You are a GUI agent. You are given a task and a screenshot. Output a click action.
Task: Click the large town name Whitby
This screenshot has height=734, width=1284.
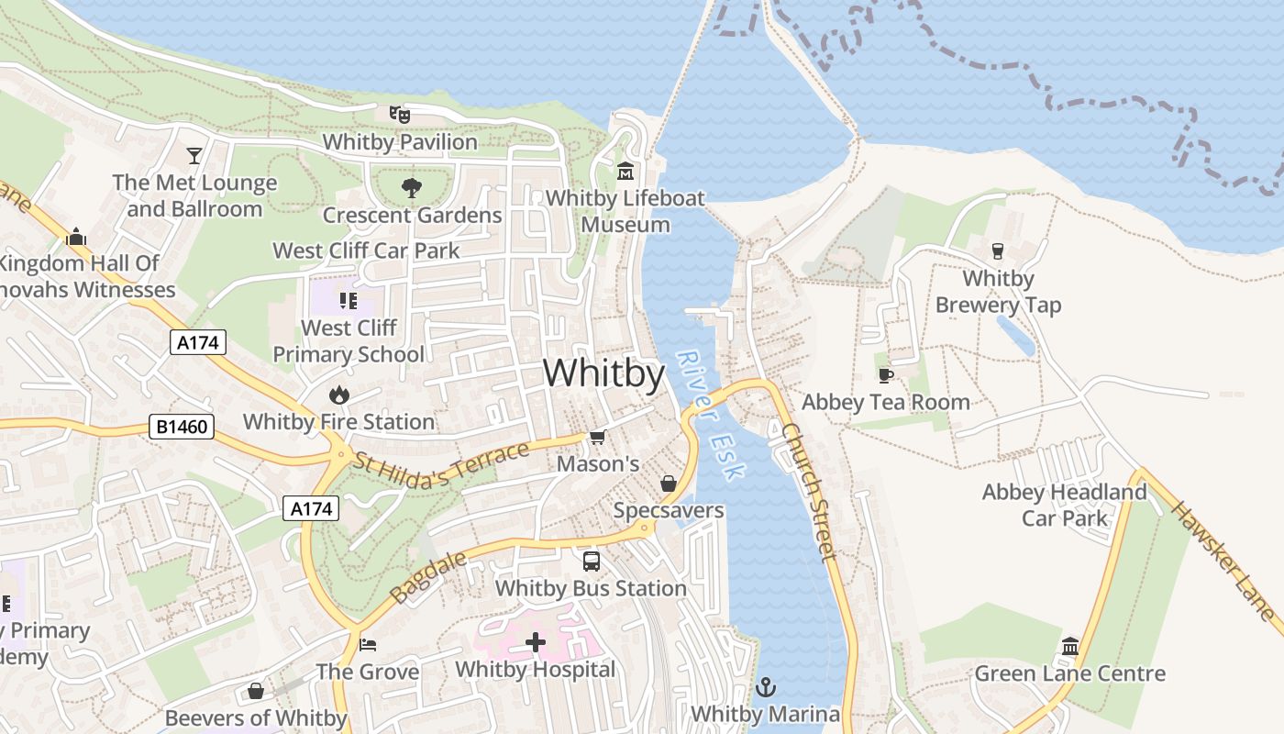click(x=603, y=373)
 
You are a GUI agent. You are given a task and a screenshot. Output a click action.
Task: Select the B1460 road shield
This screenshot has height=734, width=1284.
click(x=182, y=427)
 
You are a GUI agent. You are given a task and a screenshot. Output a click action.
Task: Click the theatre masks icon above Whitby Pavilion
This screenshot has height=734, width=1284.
click(x=399, y=115)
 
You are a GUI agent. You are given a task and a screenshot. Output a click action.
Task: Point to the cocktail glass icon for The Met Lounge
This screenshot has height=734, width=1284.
click(x=194, y=155)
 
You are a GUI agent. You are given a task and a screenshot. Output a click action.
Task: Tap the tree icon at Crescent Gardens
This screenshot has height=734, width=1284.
click(x=412, y=188)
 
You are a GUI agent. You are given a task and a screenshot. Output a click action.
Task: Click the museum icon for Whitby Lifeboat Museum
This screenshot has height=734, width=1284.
click(x=625, y=171)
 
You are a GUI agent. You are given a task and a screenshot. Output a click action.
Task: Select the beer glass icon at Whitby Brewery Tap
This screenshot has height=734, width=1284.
click(x=998, y=250)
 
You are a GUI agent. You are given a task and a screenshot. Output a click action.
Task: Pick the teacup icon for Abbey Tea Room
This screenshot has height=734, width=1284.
click(x=885, y=375)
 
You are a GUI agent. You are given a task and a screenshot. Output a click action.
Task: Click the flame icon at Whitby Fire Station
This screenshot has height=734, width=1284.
click(x=339, y=395)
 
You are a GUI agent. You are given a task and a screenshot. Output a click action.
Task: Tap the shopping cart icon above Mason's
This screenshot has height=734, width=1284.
click(x=597, y=437)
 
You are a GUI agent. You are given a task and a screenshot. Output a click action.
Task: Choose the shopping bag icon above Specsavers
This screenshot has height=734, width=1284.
click(x=669, y=484)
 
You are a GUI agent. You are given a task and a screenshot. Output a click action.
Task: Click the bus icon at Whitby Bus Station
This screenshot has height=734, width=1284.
click(x=592, y=561)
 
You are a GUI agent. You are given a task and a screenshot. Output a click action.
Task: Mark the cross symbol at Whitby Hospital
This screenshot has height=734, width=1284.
click(x=536, y=642)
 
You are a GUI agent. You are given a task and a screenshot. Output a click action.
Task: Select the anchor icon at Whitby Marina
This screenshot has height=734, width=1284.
click(x=765, y=686)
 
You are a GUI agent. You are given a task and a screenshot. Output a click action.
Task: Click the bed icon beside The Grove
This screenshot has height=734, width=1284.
click(x=368, y=645)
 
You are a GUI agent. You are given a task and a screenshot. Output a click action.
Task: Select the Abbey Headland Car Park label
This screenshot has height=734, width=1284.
click(x=1064, y=505)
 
